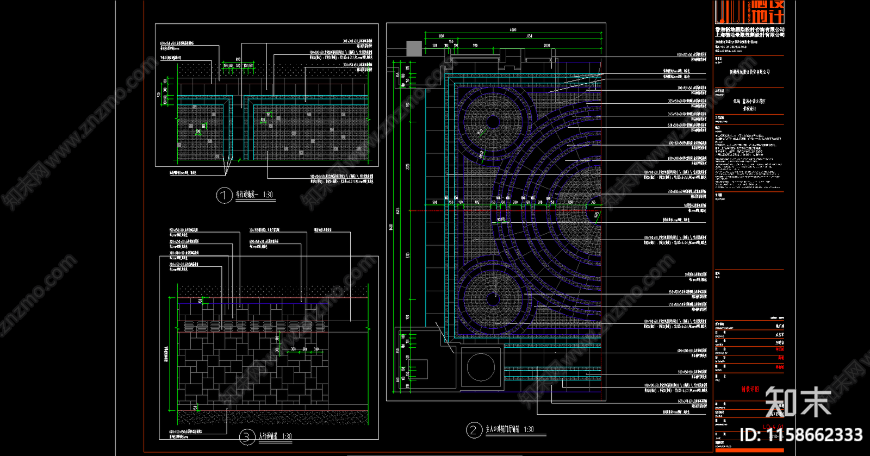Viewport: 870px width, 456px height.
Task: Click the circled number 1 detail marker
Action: point(225,196)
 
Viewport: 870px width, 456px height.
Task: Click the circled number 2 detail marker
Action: point(474,430)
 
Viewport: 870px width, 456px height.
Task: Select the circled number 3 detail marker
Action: point(247,437)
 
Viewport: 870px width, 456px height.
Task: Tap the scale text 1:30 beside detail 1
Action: point(268,195)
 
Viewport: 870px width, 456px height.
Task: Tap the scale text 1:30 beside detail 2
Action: point(529,429)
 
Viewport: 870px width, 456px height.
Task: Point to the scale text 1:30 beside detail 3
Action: point(287,436)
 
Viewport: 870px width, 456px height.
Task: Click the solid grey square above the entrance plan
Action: point(414,48)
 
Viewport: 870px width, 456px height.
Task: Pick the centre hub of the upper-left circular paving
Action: point(493,122)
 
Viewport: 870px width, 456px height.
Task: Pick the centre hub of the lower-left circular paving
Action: point(493,298)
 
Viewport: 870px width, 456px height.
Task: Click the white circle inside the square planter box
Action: point(481,367)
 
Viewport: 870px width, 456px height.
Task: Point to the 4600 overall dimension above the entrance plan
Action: point(513,30)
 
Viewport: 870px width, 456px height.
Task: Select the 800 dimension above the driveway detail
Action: point(238,59)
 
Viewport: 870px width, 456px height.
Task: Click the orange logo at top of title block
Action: point(749,12)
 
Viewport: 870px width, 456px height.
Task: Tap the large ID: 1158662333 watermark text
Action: point(801,435)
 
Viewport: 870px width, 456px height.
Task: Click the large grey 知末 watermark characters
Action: point(798,402)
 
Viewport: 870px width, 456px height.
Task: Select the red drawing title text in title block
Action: point(750,389)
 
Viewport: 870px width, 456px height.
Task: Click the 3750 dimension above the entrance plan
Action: point(529,36)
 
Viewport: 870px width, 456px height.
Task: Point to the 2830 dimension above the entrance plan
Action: point(546,46)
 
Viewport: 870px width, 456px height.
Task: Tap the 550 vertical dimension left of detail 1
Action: point(159,95)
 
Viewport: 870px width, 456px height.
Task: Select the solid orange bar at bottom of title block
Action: point(749,450)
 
